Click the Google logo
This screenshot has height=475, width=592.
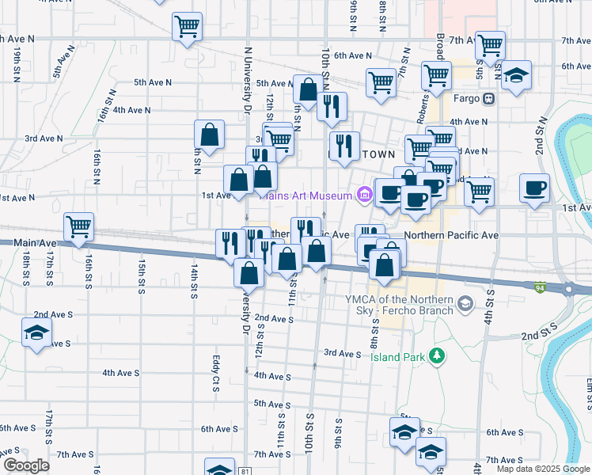point(26,465)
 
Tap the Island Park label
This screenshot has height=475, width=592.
point(397,357)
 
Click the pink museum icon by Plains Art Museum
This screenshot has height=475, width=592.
point(364,194)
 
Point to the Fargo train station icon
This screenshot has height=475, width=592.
point(489,99)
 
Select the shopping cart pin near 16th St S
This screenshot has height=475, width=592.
point(79,228)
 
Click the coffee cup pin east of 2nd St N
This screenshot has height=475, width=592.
point(534,189)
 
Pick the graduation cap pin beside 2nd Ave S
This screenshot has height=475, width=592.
point(36,333)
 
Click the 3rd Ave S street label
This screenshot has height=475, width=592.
point(342,353)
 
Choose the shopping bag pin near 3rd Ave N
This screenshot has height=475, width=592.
point(210,135)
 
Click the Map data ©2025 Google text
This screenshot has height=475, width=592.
point(542,469)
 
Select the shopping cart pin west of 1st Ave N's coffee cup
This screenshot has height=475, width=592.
point(479,191)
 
